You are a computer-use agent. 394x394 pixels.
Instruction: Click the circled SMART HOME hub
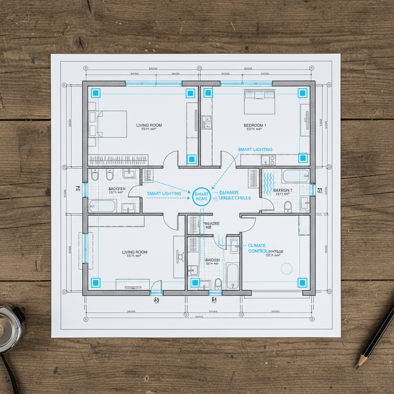[202, 196]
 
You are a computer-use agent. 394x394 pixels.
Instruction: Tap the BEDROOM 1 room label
[255, 125]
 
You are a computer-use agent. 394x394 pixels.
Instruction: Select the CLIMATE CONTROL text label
[257, 248]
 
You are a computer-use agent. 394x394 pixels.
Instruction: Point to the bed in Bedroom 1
[260, 102]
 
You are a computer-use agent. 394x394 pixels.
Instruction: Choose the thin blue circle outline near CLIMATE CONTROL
[287, 268]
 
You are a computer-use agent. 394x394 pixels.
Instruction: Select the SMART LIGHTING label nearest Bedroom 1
[255, 149]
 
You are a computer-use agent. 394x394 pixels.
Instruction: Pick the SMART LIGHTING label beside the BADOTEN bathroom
[164, 194]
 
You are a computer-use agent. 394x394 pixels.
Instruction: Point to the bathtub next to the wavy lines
[295, 177]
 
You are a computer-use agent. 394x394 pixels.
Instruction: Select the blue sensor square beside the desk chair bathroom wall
[195, 283]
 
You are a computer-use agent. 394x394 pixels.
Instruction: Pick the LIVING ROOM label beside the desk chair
[135, 252]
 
